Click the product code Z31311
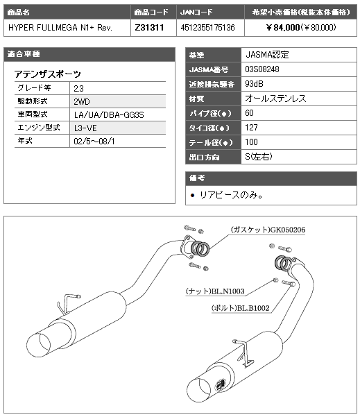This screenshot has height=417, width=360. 149,27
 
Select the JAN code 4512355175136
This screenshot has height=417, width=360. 207,27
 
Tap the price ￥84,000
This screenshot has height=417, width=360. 282,27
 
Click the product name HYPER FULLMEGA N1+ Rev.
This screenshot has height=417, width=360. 60,27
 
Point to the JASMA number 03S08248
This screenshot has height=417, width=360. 262,69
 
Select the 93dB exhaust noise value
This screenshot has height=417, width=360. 254,84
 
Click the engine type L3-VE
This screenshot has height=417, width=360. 85,128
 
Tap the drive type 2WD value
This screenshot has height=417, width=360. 82,101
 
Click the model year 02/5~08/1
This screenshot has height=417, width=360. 94,142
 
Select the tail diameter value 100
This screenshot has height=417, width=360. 251,142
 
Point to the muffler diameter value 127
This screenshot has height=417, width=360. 251,128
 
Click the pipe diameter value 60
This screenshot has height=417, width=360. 249,113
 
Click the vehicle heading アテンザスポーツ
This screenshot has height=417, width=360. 48,74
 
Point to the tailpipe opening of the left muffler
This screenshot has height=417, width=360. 38,345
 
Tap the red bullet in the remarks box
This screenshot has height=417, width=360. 193,196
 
